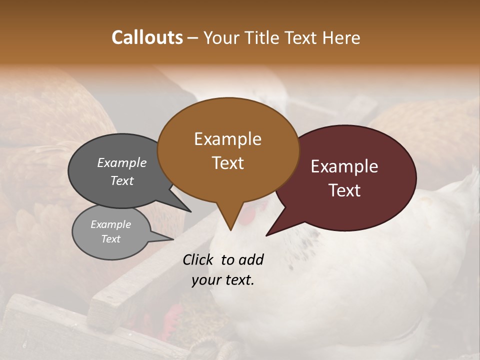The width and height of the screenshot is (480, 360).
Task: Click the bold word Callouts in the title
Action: [147, 37]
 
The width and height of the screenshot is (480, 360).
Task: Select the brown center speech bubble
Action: [228, 180]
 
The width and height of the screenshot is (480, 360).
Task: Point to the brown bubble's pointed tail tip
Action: [230, 230]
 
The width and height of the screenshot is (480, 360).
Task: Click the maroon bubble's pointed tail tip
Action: [266, 235]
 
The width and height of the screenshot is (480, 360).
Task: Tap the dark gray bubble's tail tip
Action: [191, 211]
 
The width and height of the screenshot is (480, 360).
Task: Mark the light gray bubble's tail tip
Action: [173, 239]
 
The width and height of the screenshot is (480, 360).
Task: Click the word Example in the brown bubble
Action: [227, 139]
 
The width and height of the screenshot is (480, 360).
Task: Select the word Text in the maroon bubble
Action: [344, 190]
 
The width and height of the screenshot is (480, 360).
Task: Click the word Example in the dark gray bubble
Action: [122, 163]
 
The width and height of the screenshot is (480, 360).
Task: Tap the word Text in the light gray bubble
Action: [111, 239]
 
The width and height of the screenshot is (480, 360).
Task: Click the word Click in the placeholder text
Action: [199, 259]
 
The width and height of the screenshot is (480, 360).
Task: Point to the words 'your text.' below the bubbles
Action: [223, 280]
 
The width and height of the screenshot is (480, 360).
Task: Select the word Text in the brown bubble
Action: [227, 163]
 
